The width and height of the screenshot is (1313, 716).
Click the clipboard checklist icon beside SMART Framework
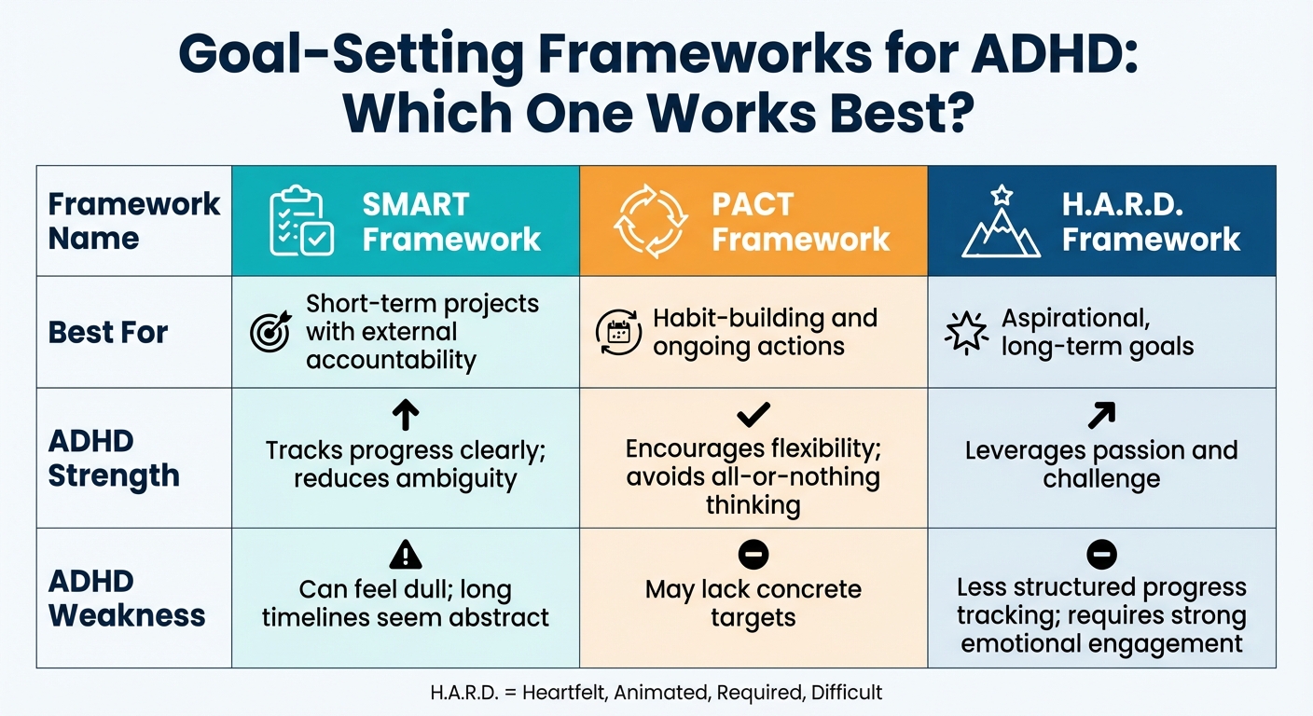click(x=301, y=221)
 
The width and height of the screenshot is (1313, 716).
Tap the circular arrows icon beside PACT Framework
click(x=650, y=221)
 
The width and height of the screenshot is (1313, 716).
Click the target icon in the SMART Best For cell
click(x=270, y=333)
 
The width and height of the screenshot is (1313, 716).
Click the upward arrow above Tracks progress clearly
click(x=406, y=415)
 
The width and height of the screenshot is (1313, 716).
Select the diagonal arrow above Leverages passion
click(x=1101, y=415)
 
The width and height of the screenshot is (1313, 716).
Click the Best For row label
click(x=108, y=333)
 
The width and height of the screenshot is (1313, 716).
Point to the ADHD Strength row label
click(x=113, y=458)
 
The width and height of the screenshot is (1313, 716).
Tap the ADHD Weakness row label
click(x=126, y=598)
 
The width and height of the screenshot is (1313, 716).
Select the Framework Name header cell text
click(x=134, y=221)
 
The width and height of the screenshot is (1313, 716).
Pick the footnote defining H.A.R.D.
click(x=656, y=693)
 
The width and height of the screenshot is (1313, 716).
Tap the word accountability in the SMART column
click(x=391, y=360)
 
